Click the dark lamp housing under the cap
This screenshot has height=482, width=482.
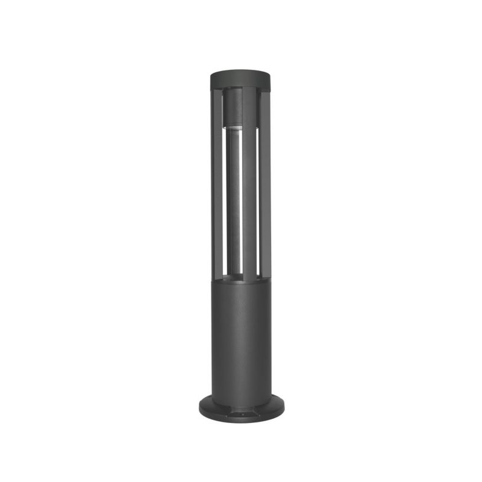tap(232, 108)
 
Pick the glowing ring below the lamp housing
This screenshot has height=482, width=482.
tap(233, 128)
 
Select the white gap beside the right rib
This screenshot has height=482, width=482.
tap(259, 199)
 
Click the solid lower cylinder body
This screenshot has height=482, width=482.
tap(241, 337)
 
